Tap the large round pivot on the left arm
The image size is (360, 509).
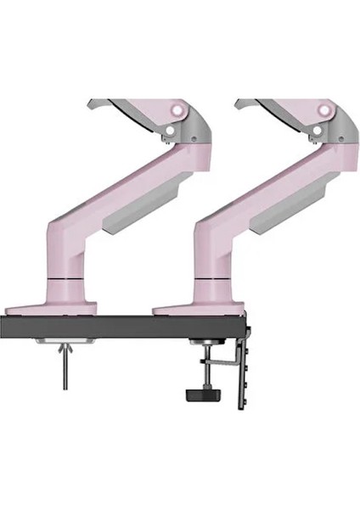[177, 109]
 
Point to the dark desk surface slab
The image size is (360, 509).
[127, 327]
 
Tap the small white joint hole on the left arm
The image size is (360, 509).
[171, 131]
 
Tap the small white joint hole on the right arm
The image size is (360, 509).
[318, 131]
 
